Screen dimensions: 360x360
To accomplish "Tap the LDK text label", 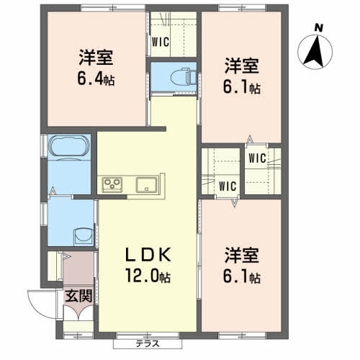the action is [x=148, y=255].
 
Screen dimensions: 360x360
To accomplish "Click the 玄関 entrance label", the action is [x=79, y=296].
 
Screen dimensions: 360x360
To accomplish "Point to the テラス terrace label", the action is [x=148, y=344].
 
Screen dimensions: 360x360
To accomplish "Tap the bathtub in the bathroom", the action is [x=69, y=146].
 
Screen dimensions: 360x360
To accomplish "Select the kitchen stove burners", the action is [x=112, y=184].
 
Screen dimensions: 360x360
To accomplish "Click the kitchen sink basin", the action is [x=147, y=184].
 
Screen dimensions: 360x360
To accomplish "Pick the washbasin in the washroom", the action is [x=84, y=236].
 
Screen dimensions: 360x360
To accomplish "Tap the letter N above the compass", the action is [x=319, y=28].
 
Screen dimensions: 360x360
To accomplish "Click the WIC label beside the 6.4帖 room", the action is [x=161, y=42].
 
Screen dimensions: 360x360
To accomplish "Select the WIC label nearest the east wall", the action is [x=258, y=158].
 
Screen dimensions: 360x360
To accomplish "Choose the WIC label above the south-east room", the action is [x=228, y=186].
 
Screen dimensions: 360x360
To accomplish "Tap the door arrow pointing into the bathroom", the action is [x=53, y=191].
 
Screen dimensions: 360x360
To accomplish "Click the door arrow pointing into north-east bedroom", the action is [x=250, y=140].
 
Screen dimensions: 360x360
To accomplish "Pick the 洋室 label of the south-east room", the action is [x=242, y=255].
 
